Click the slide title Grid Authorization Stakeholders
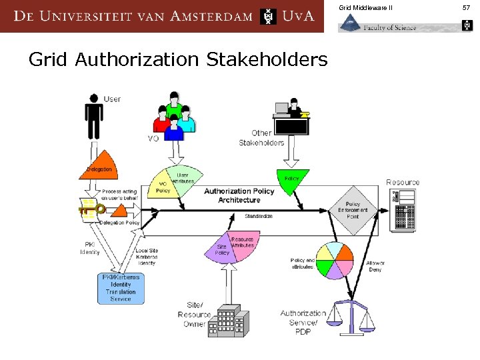pos(178,60)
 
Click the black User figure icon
pos(93,116)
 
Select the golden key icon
pos(91,209)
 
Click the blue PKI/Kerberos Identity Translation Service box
pos(121,287)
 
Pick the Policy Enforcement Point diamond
pos(353,209)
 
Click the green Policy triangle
pos(292,181)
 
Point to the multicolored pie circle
pos(333,260)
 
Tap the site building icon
pos(229,321)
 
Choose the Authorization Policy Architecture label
pos(239,195)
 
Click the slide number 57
pos(466,7)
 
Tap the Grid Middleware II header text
pos(365,7)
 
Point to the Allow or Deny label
pos(375,267)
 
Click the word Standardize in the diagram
pos(258,216)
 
